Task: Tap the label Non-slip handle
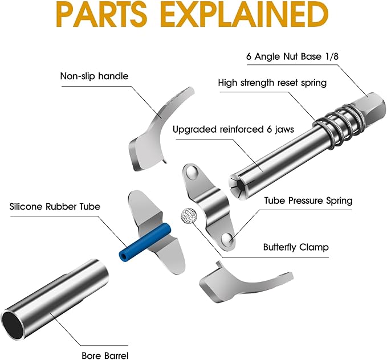[95, 76]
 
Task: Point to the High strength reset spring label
[272, 83]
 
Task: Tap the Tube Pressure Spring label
[308, 201]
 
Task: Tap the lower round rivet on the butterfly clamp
[229, 240]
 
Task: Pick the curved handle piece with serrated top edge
[157, 125]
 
